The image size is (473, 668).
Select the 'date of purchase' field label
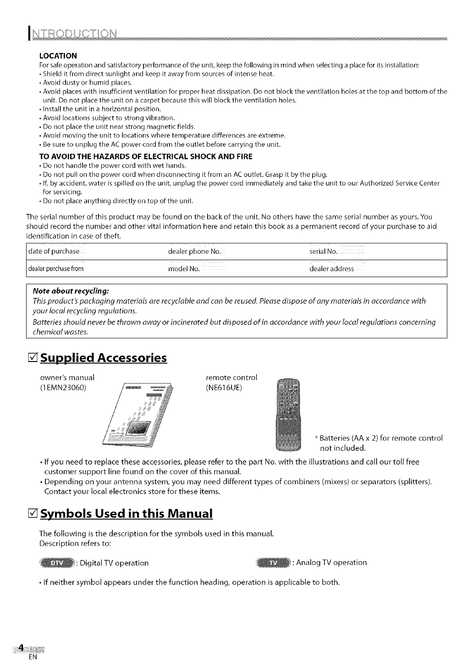point(54,251)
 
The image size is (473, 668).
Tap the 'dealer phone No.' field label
point(195,251)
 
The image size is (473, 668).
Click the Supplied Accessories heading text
point(104,358)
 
